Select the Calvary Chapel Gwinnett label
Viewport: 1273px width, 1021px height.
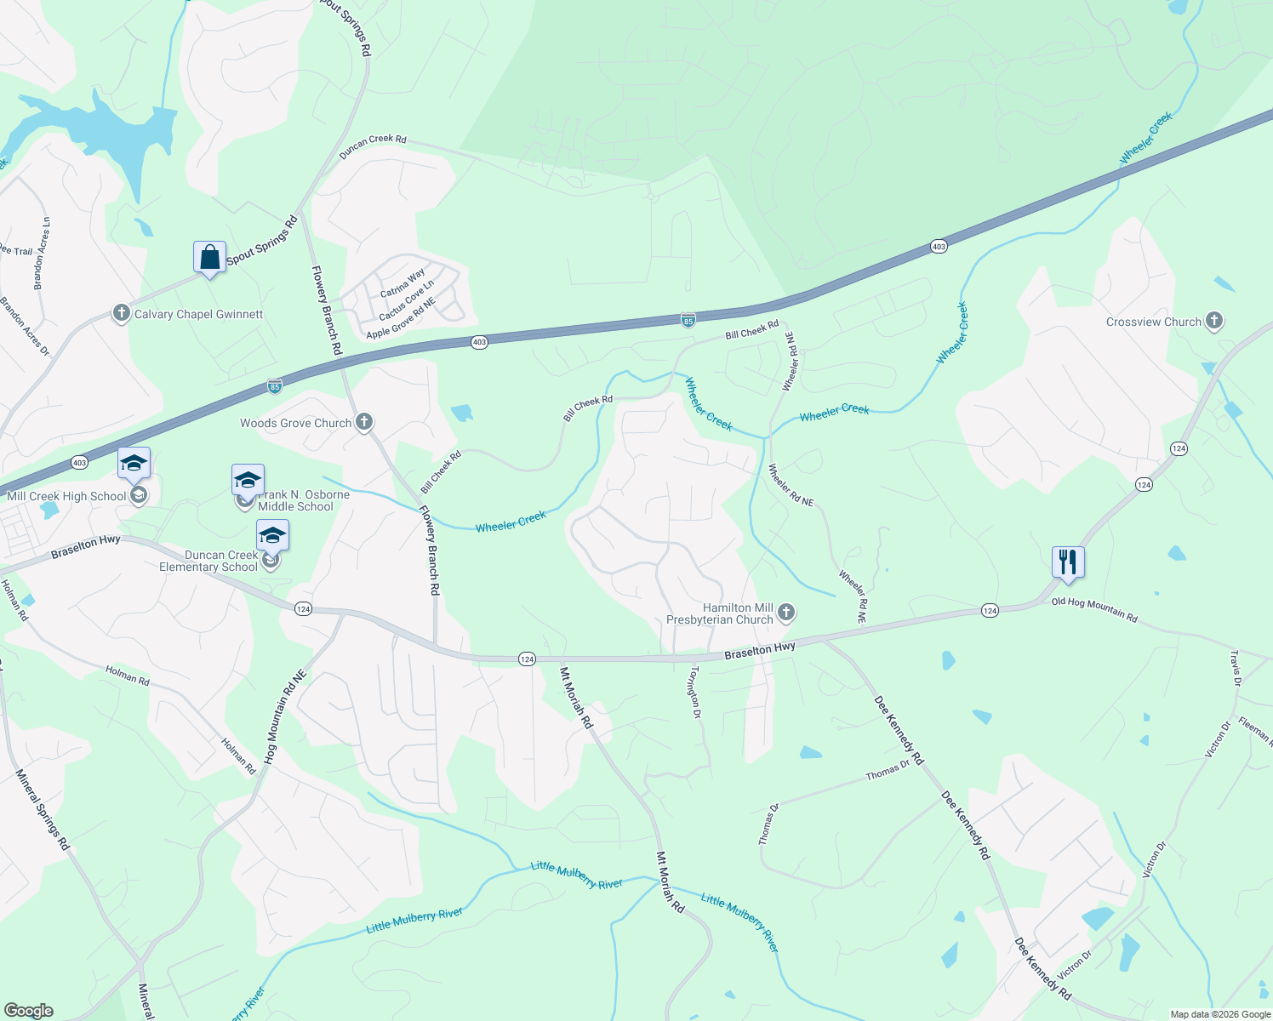pyautogui.click(x=198, y=314)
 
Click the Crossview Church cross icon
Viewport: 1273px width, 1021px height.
pyautogui.click(x=1214, y=322)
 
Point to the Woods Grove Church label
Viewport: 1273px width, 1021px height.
pyautogui.click(x=295, y=423)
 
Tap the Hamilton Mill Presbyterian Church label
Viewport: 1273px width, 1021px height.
pyautogui.click(x=720, y=613)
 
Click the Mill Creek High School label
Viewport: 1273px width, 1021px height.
pyautogui.click(x=66, y=496)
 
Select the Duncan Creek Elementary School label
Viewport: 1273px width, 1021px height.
pyautogui.click(x=208, y=561)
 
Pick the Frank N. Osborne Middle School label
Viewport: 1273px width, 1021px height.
pyautogui.click(x=303, y=500)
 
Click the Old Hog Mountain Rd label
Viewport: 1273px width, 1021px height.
pyautogui.click(x=1094, y=609)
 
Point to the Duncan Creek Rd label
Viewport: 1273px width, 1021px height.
pyautogui.click(x=373, y=146)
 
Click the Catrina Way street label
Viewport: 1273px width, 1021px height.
pyautogui.click(x=402, y=283)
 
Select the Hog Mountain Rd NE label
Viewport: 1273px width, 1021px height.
pyautogui.click(x=284, y=716)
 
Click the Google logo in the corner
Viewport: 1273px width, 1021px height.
pyautogui.click(x=28, y=1011)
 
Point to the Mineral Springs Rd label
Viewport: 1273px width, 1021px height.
pyautogui.click(x=42, y=809)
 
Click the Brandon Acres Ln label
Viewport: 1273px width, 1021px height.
pyautogui.click(x=42, y=254)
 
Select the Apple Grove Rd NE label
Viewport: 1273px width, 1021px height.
pyautogui.click(x=401, y=318)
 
